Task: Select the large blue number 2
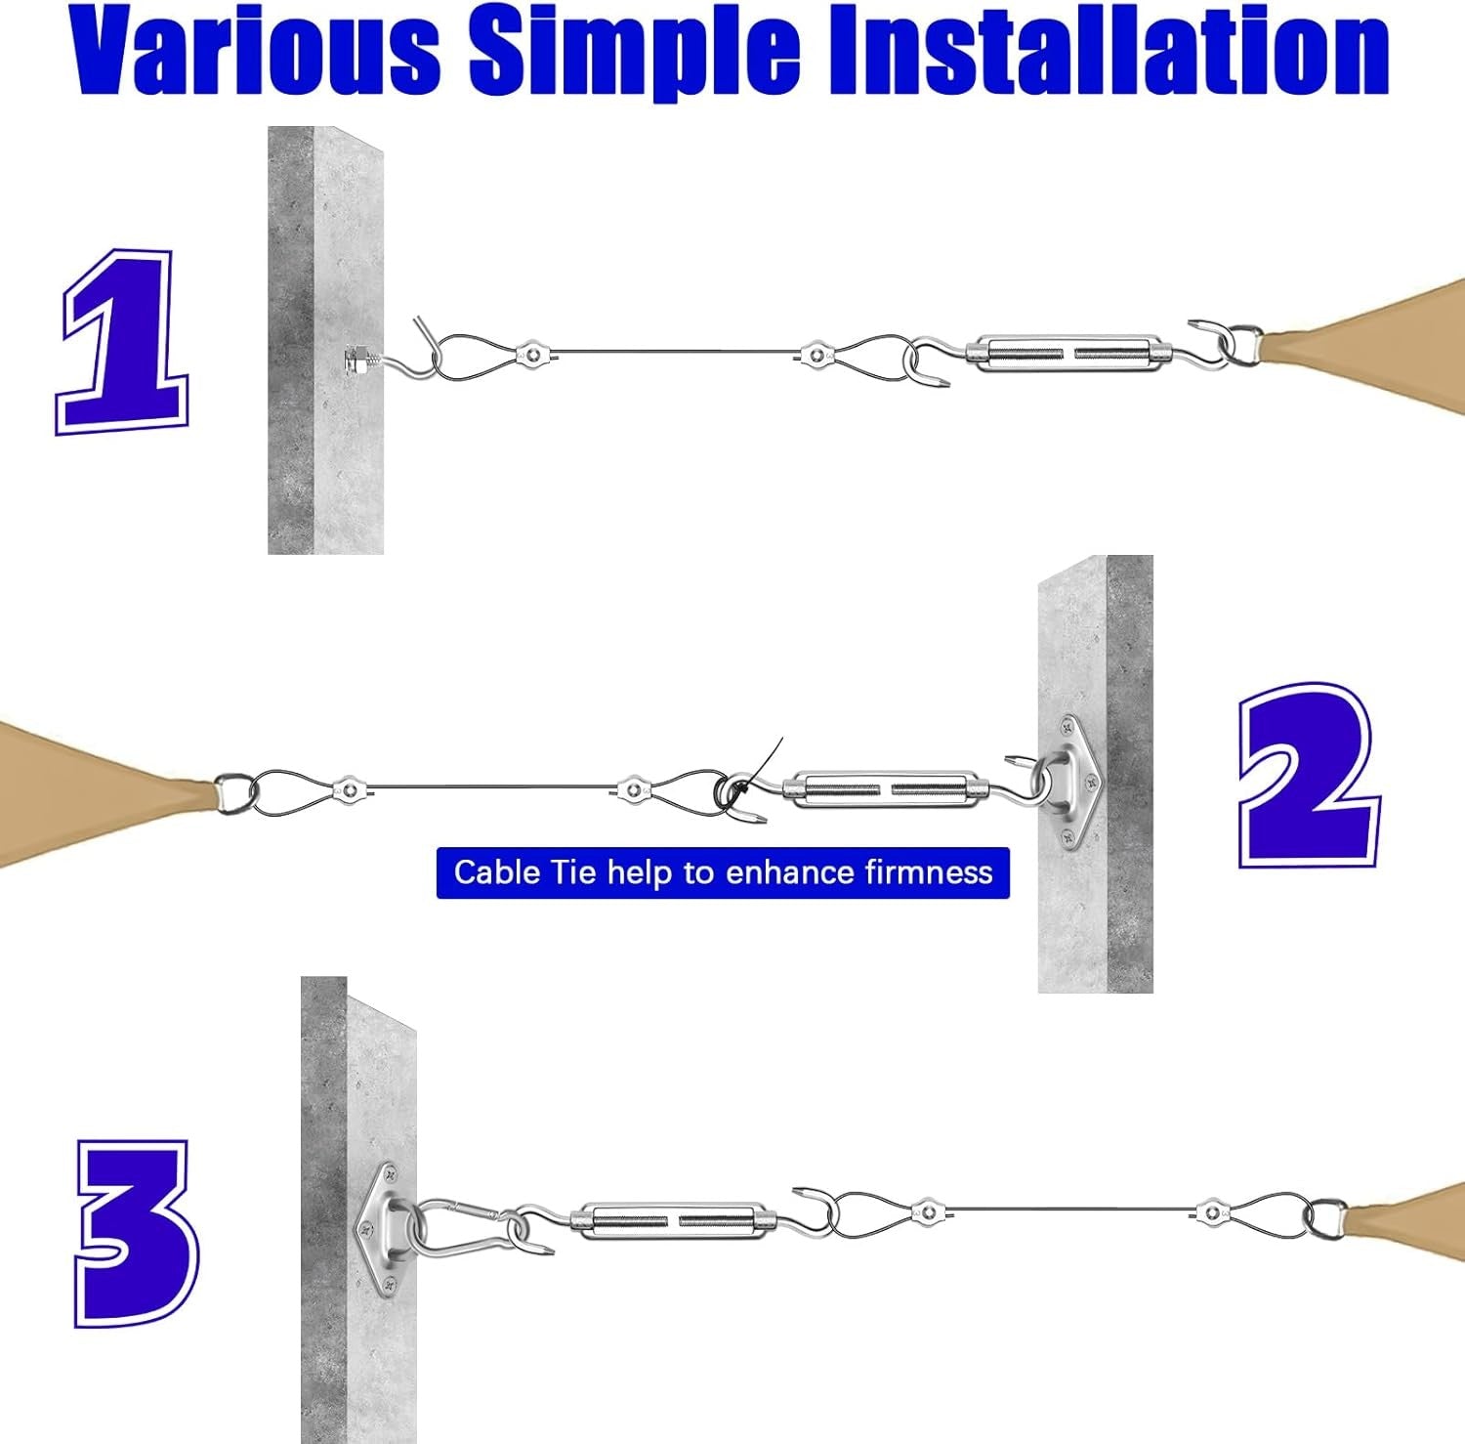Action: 1309,777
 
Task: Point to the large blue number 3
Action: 137,1233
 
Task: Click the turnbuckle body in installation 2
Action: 885,788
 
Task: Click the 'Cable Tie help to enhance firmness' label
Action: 723,872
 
